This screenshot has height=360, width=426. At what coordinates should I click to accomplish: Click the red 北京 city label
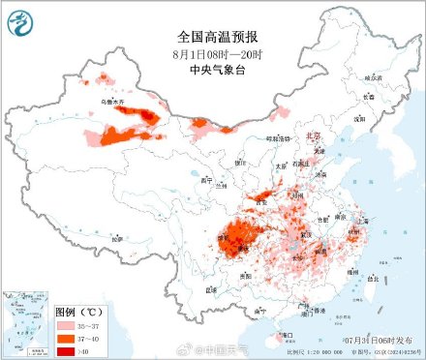click(x=313, y=136)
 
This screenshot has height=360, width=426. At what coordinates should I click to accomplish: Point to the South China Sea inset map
click(x=26, y=321)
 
